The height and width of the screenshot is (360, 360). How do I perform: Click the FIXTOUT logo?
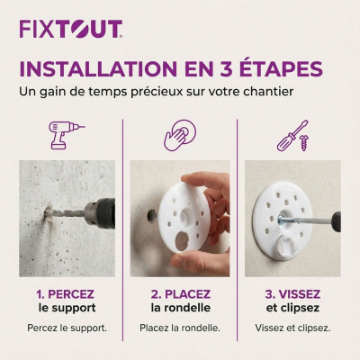pos(70,29)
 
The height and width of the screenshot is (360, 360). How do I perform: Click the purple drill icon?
pos(66,135)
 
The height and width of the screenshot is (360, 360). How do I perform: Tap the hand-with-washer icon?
pos(180,135)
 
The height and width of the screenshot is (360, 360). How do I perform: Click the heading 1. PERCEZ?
pos(67,293)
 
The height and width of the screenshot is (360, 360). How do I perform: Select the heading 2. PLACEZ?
pos(180,293)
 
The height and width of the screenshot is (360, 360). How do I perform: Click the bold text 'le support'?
pos(67,308)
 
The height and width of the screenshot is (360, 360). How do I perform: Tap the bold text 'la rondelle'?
pos(180,308)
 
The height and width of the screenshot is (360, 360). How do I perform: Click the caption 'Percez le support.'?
pos(67,328)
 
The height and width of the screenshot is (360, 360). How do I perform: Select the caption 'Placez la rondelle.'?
pos(180,328)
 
